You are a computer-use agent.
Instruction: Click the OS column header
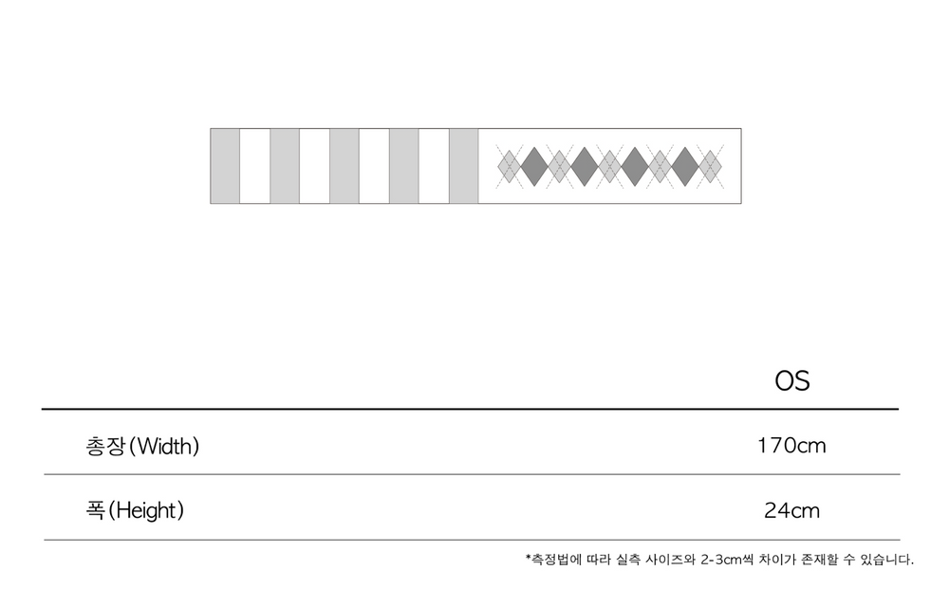[x=791, y=381]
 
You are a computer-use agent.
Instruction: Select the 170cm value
[x=791, y=446]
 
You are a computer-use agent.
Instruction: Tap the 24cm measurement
[x=791, y=510]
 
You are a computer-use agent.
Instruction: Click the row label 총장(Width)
[x=142, y=447]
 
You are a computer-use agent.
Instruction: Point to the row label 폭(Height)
[x=135, y=510]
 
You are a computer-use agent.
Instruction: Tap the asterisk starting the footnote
[x=528, y=557]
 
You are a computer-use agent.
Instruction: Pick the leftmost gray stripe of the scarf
[x=225, y=166]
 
